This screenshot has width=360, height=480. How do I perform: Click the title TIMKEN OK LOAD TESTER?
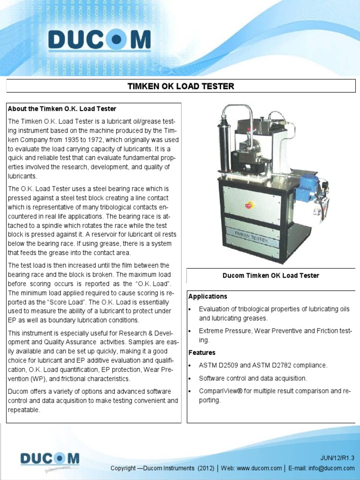180,86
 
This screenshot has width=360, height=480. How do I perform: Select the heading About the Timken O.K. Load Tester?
61,109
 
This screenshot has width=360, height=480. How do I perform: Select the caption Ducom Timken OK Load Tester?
270,276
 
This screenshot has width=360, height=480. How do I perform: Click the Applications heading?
208,297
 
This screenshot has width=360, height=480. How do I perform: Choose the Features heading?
202,352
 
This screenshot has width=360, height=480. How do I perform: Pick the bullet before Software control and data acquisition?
190,378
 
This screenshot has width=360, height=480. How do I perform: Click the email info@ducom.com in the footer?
332,468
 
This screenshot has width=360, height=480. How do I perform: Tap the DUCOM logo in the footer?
50,459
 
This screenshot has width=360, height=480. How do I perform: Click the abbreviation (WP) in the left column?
36,379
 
